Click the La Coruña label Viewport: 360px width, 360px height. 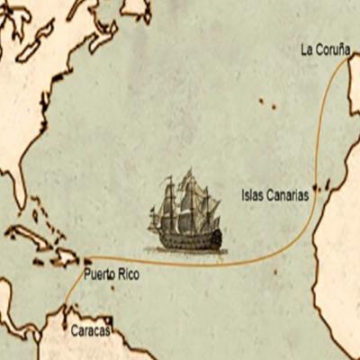325,50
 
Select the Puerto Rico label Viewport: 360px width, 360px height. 112,272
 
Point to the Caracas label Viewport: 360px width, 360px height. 90,331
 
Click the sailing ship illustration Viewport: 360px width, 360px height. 187,214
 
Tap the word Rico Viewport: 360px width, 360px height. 128,272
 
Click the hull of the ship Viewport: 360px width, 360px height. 189,239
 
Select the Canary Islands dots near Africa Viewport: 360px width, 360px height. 322,187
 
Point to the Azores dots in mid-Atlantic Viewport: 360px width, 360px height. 267,103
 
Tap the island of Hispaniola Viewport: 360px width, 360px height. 67,256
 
